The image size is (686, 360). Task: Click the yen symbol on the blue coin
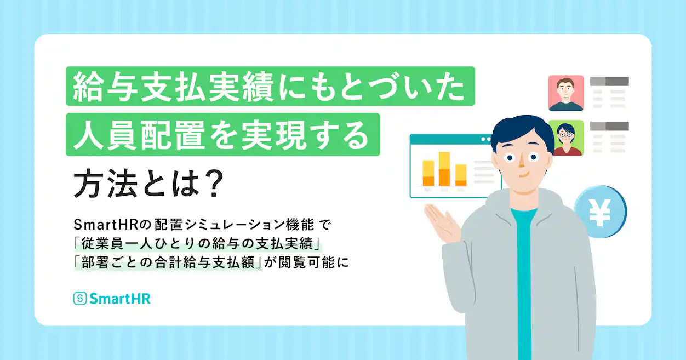(x=599, y=213)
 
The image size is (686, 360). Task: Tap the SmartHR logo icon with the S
(x=80, y=298)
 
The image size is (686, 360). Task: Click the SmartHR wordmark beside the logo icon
(x=120, y=299)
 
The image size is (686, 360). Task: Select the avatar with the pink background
(x=566, y=93)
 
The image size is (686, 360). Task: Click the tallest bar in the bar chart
(x=444, y=169)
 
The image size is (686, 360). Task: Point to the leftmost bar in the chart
(x=428, y=173)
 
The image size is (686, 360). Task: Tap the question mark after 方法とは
(x=214, y=184)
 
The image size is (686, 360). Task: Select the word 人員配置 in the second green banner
(x=139, y=135)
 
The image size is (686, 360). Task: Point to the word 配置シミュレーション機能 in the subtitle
(x=235, y=225)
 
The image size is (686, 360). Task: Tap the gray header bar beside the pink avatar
(x=609, y=81)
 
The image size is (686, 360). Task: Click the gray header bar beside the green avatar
(x=609, y=126)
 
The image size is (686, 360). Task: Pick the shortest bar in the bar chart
(x=461, y=175)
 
